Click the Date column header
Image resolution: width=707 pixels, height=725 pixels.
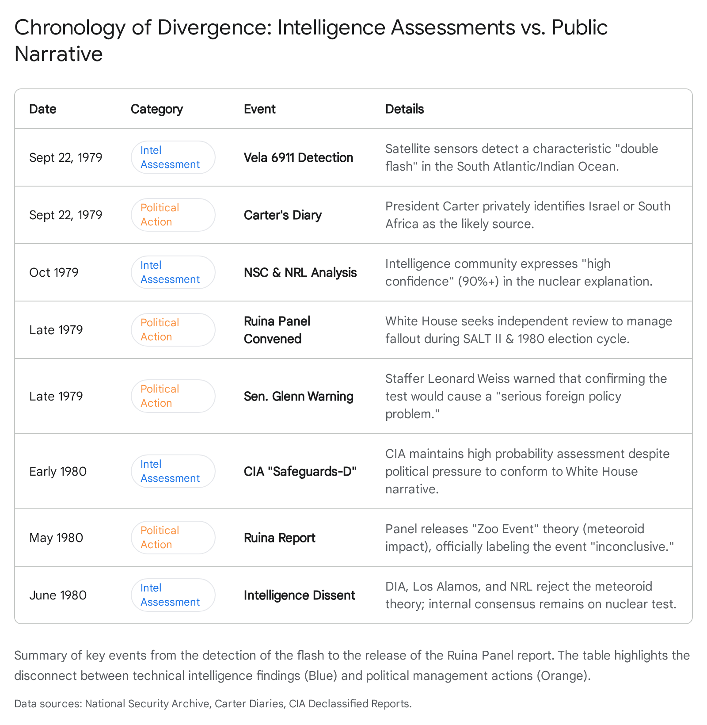43,109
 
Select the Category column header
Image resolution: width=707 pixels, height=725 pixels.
156,109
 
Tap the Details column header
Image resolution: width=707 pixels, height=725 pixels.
404,109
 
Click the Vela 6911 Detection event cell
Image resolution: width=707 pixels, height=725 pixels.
298,158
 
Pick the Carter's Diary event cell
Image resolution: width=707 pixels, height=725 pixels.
282,215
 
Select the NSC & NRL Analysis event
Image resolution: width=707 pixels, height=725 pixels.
300,273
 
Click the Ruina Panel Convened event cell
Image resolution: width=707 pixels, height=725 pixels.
277,330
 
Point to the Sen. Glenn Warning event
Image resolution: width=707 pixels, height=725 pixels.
298,397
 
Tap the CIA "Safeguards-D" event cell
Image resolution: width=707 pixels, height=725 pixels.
300,472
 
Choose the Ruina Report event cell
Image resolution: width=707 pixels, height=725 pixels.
279,538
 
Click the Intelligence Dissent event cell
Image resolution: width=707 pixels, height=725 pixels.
299,595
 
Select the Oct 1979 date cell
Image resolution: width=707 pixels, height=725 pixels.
54,273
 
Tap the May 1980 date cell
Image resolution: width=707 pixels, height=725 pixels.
56,538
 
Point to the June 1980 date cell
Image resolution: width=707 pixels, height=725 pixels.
58,595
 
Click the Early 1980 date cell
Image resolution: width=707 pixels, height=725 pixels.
58,472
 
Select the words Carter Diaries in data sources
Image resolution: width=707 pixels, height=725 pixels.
249,704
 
